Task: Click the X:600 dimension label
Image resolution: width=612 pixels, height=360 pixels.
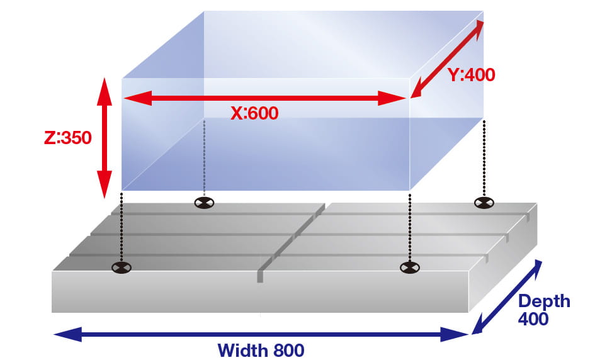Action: pos(254,113)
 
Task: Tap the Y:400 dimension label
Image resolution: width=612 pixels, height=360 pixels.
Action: pos(472,75)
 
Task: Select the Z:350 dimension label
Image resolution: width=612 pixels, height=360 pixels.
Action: pos(68,137)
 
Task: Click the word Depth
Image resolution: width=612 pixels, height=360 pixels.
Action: pos(544,301)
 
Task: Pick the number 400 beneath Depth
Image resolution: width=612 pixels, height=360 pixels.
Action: pos(533,319)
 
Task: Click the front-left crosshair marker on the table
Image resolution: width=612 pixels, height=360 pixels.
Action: pos(122,267)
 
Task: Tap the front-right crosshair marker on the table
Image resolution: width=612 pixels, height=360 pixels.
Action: pos(409,268)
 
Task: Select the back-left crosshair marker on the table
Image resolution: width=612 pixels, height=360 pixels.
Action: pos(204,203)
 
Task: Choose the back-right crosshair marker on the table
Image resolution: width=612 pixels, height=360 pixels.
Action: pos(484,202)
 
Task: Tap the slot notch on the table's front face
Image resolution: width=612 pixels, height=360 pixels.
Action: pos(259,276)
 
